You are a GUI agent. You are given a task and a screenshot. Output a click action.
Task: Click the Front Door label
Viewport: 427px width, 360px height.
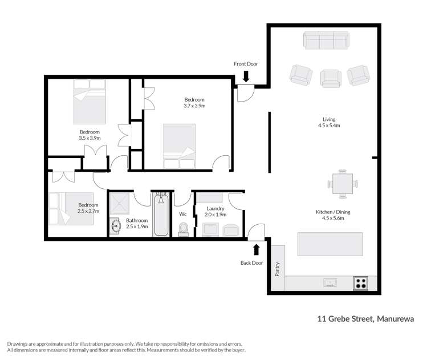246,64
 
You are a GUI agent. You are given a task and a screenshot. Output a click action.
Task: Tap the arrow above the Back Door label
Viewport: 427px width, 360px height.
256,248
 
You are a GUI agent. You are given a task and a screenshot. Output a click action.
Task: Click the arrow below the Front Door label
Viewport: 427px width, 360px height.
246,76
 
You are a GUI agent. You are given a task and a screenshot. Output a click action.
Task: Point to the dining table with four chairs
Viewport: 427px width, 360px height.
342,184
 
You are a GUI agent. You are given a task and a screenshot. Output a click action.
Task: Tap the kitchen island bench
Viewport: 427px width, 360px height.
330,244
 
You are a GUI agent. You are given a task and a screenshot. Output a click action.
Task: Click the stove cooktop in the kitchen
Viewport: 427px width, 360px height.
360,281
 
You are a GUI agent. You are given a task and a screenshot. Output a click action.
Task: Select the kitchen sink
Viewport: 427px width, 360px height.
330,281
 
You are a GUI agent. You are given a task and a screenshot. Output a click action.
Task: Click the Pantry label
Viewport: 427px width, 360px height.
278,268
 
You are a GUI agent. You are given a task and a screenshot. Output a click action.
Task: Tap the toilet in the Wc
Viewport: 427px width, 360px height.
184,229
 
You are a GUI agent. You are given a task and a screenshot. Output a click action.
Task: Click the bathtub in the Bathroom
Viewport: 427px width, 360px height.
161,214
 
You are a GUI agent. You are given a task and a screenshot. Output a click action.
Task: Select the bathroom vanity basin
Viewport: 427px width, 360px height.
115,226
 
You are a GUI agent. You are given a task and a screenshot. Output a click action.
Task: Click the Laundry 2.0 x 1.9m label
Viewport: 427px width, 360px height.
216,212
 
